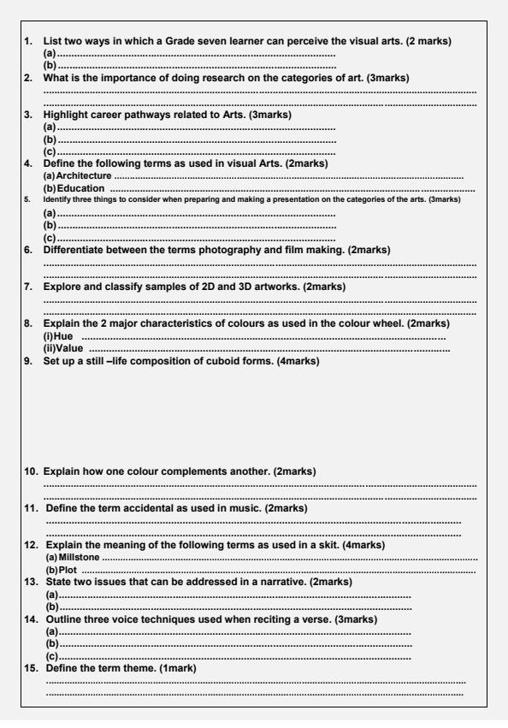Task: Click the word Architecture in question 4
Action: (85, 175)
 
